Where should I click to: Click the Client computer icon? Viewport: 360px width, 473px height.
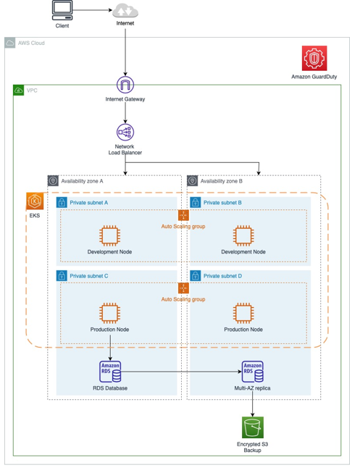click(x=62, y=10)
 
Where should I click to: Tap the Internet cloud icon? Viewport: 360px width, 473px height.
click(x=125, y=11)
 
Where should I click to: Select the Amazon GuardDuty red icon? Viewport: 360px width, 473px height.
click(x=314, y=58)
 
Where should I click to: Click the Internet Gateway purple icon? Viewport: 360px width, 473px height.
click(x=125, y=85)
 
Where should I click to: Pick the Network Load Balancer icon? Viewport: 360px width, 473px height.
click(x=125, y=132)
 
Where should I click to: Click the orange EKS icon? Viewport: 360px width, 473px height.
click(x=35, y=201)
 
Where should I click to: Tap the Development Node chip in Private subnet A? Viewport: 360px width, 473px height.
click(x=110, y=235)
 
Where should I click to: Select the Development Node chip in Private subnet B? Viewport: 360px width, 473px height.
click(x=243, y=235)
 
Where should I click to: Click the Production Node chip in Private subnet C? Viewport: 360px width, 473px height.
click(x=110, y=313)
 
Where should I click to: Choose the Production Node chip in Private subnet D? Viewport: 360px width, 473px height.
click(x=243, y=313)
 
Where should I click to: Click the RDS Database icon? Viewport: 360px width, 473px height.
click(x=110, y=372)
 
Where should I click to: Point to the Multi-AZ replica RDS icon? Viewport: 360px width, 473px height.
click(x=253, y=372)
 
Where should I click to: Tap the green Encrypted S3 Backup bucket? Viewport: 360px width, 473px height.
click(x=253, y=427)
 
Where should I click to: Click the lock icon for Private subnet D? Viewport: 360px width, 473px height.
click(x=196, y=275)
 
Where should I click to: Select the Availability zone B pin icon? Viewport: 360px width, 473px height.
click(x=192, y=180)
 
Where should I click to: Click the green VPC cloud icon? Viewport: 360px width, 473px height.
click(x=18, y=91)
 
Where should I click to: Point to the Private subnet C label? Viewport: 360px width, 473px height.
click(x=88, y=276)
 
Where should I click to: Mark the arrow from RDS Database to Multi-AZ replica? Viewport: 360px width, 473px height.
click(x=181, y=372)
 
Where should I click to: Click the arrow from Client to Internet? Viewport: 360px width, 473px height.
click(x=92, y=10)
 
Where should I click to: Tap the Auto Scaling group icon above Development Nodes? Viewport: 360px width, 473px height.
click(x=183, y=215)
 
